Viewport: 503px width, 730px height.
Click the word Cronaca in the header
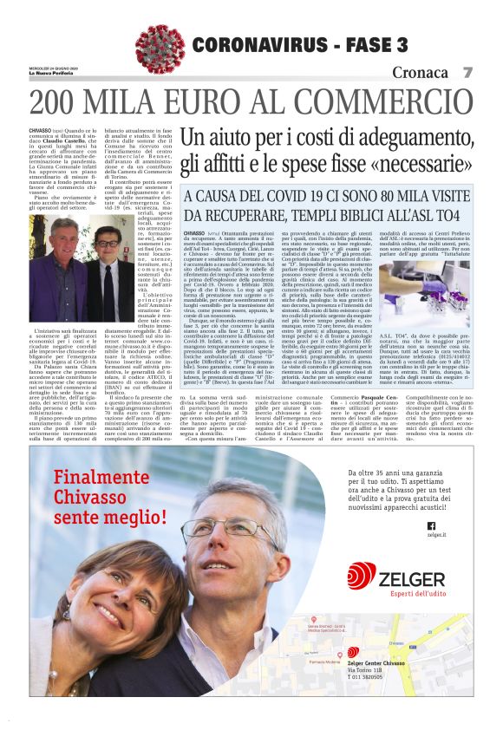(420, 72)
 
